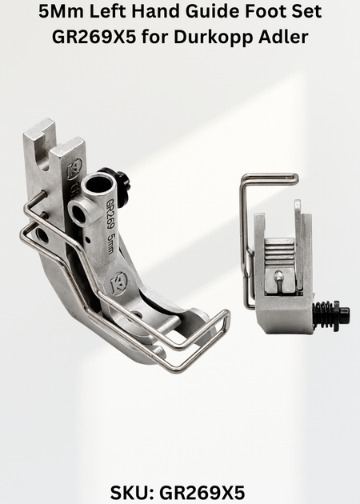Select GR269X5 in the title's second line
tap(94, 37)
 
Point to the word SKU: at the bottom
tap(132, 492)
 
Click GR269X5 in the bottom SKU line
tap(202, 492)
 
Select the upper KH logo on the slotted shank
tap(74, 169)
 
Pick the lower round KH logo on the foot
tap(118, 283)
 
